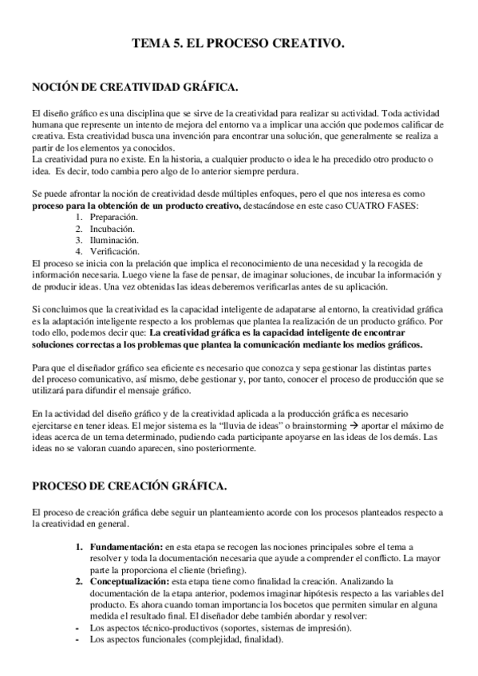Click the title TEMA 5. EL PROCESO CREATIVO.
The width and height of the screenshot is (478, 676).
238,47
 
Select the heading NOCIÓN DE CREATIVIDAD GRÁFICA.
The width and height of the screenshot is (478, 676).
134,88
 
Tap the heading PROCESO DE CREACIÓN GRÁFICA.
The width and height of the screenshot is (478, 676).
129,485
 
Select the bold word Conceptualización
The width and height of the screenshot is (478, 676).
132,583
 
